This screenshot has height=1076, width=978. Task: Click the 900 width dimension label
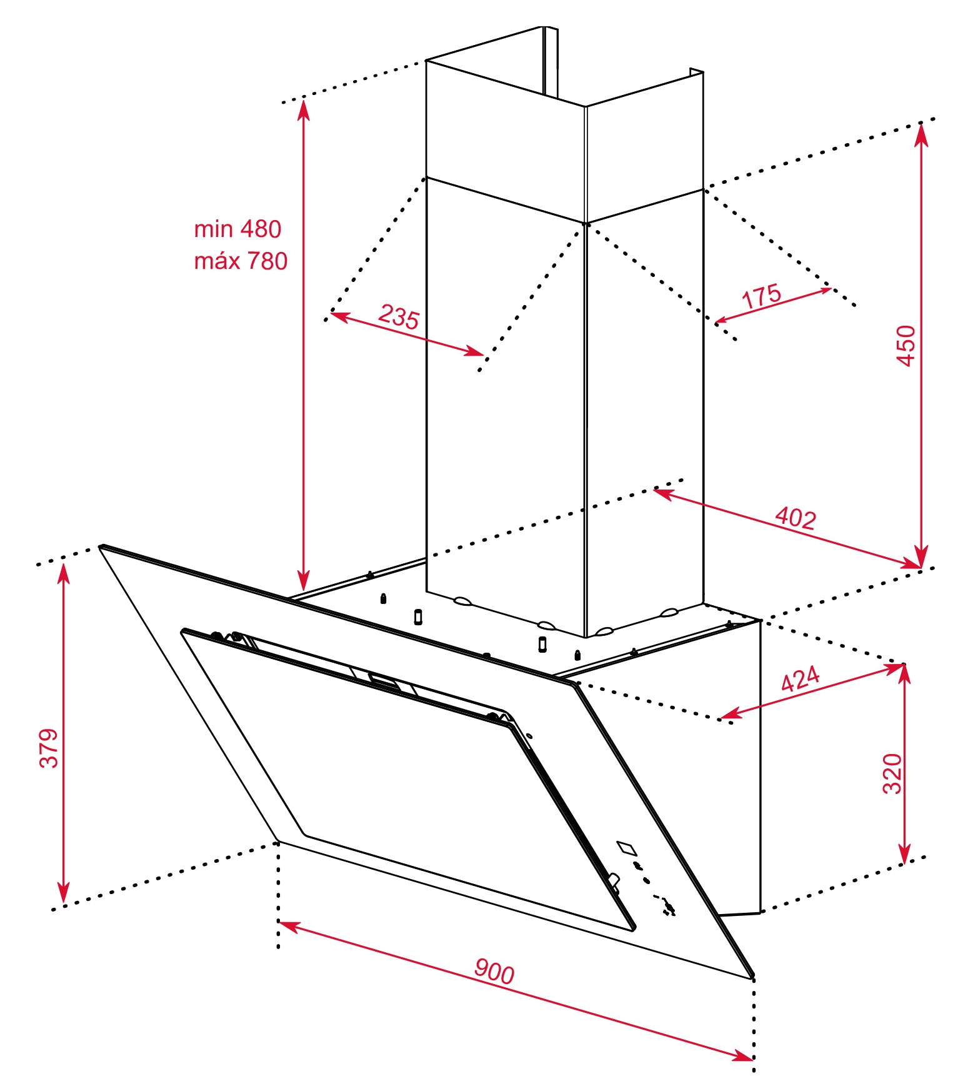click(x=494, y=971)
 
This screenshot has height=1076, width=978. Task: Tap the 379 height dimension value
click(x=49, y=747)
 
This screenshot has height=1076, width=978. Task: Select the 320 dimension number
click(x=892, y=773)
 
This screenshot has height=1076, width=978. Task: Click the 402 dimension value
click(x=796, y=518)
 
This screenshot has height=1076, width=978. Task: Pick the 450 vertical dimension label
click(x=906, y=345)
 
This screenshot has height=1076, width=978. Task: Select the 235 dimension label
click(x=399, y=316)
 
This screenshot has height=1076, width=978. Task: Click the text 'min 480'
click(x=237, y=229)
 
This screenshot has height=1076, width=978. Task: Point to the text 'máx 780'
click(x=241, y=261)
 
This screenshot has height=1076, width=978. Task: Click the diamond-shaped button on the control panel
click(x=627, y=848)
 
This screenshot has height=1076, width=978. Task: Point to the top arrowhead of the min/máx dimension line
click(x=304, y=110)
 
